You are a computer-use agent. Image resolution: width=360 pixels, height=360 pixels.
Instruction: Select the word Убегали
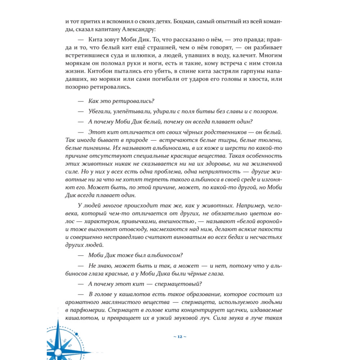[x=103, y=112]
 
